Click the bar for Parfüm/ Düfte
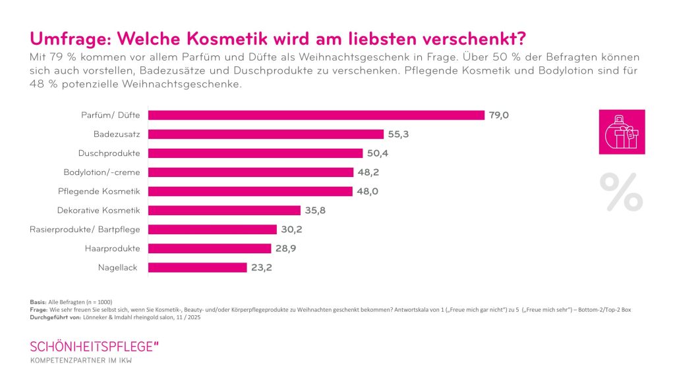316,115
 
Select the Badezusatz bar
266,134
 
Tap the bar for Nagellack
197,268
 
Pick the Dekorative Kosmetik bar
224,211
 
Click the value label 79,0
499,115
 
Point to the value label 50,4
378,153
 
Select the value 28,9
286,249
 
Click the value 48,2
368,172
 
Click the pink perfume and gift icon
622,132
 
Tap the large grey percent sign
621,192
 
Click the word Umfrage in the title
69,36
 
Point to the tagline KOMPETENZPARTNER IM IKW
84,361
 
